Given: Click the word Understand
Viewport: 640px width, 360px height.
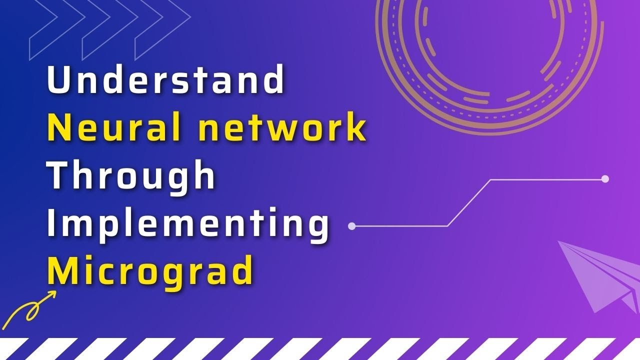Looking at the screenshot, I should pyautogui.click(x=165, y=80).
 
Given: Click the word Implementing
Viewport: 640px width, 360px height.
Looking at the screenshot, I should pyautogui.click(x=188, y=223).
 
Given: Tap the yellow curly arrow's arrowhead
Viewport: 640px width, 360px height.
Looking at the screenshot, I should pyautogui.click(x=51, y=295).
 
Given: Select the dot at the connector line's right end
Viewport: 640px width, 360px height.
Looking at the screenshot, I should pyautogui.click(x=605, y=179).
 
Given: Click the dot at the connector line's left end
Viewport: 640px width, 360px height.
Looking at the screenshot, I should pyautogui.click(x=351, y=226).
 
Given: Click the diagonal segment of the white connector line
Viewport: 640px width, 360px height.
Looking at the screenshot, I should pyautogui.click(x=468, y=202).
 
